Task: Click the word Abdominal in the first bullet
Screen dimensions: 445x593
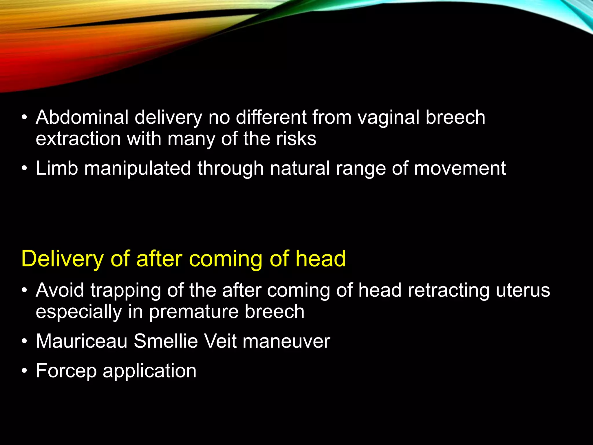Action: [82, 117]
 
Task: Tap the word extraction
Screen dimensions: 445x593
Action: [78, 139]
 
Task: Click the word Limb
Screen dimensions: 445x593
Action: [57, 168]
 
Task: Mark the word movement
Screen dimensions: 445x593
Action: [460, 169]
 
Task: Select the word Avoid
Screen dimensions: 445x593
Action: [60, 290]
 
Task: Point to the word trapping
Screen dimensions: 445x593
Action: [125, 291]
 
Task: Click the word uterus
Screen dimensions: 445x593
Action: [523, 290]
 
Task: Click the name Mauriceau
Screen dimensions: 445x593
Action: [82, 341]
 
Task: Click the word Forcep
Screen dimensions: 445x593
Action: [66, 371]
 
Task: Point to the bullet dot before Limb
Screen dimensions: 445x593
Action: [25, 169]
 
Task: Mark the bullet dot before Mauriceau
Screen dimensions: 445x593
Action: [25, 342]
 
